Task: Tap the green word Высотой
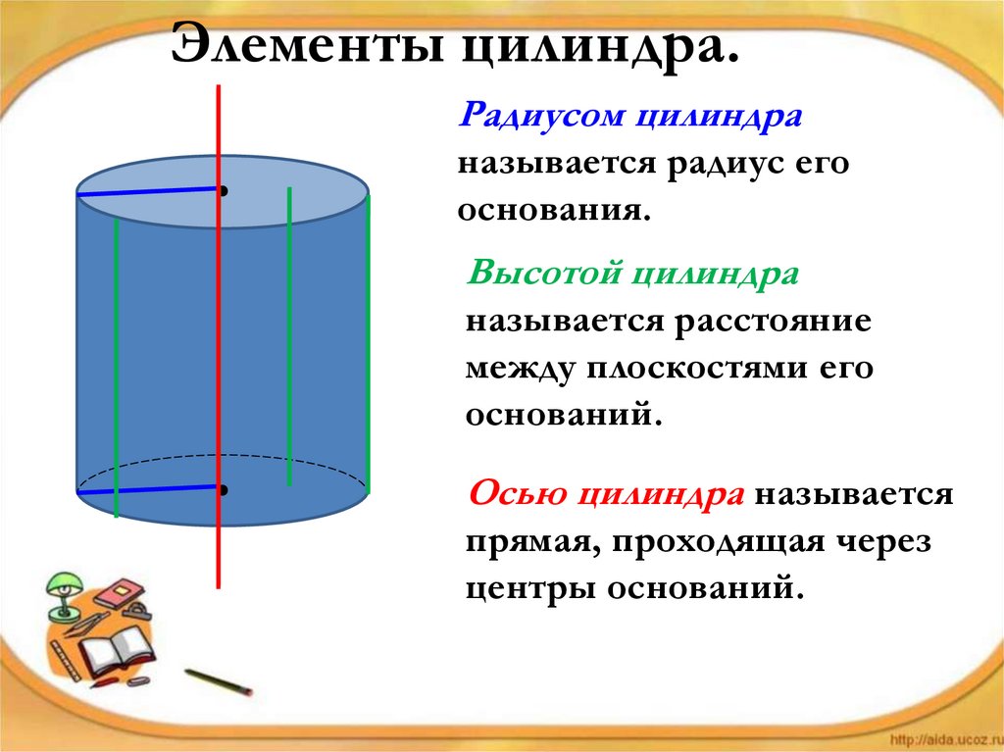tap(542, 273)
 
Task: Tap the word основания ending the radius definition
tap(553, 210)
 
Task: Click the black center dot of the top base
tap(225, 190)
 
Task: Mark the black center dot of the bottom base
tap(225, 488)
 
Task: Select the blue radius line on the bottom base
tap(147, 489)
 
